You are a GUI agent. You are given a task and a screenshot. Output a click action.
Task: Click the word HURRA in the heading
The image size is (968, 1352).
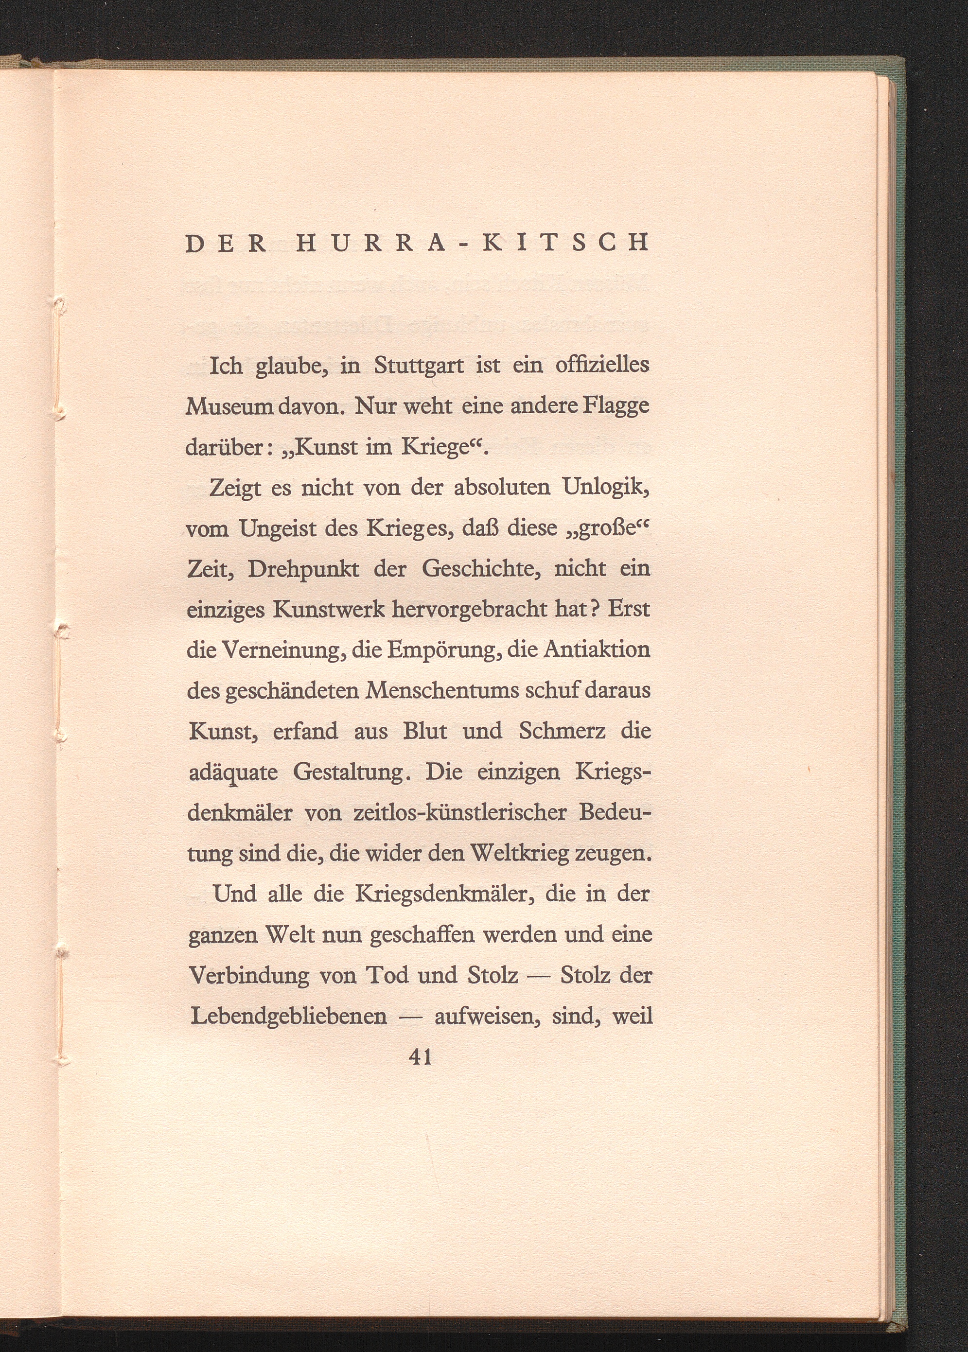tap(370, 243)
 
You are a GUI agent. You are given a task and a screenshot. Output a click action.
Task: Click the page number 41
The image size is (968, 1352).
tap(420, 1056)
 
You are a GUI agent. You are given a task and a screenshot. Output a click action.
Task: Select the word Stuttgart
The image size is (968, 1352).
tap(419, 365)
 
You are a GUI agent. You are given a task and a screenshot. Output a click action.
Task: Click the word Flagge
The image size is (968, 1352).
tap(616, 407)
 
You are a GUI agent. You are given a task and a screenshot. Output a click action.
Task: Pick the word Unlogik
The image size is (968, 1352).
tap(606, 488)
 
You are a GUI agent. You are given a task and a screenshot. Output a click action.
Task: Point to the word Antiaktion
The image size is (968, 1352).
tap(597, 649)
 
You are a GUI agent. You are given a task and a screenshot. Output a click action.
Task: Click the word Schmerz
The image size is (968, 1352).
tap(562, 731)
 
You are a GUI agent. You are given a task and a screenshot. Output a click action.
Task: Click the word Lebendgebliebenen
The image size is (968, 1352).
tap(288, 1016)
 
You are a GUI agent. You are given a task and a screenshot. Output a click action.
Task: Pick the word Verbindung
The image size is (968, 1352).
tap(249, 975)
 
